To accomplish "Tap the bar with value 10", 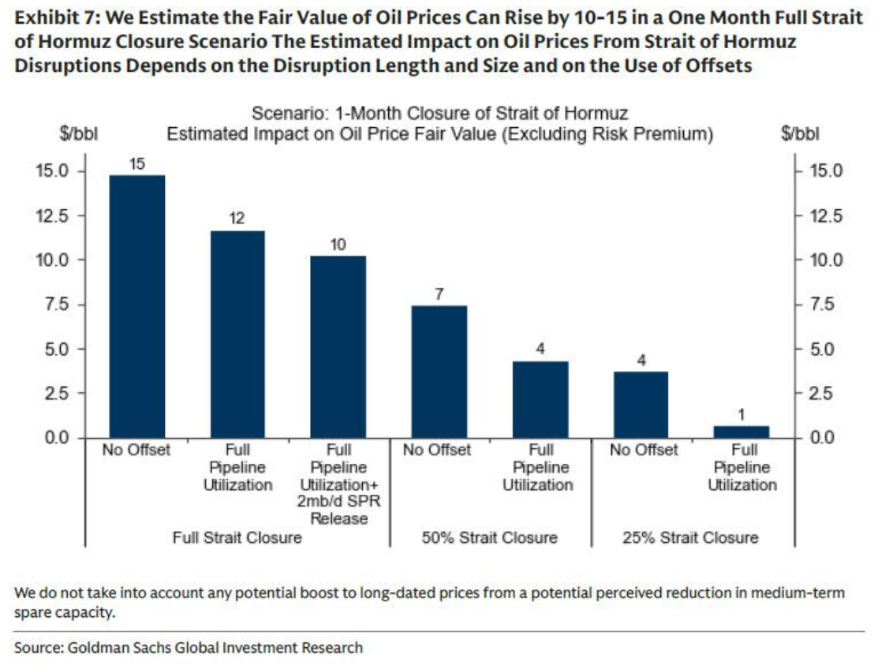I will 338,346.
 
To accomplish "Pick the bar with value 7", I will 439,371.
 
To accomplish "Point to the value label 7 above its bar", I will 439,294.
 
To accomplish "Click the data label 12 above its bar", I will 237,219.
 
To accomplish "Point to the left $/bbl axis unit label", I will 78,134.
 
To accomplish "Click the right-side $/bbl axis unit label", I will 800,134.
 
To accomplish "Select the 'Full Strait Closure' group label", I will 237,538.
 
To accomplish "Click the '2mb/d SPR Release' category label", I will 339,511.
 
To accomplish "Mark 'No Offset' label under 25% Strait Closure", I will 644,450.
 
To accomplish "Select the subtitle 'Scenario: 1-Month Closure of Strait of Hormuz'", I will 439,114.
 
